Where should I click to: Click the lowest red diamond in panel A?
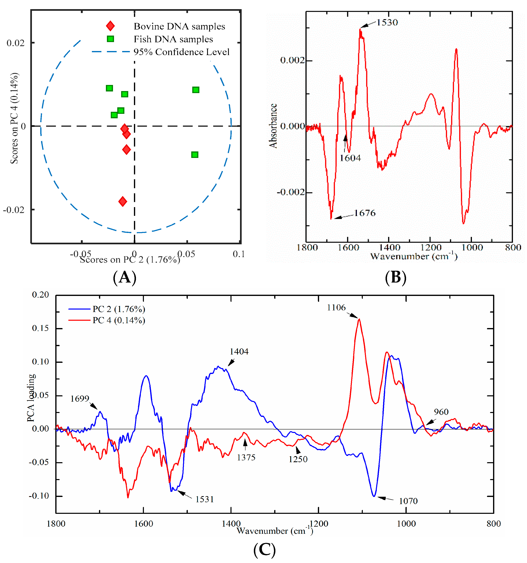click(123, 202)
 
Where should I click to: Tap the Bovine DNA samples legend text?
click(179, 26)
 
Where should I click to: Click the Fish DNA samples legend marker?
click(110, 39)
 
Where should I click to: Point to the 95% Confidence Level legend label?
click(181, 52)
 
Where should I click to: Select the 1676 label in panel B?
click(365, 213)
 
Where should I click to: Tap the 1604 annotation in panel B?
click(350, 158)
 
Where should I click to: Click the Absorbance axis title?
click(273, 126)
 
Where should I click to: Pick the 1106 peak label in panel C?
click(336, 308)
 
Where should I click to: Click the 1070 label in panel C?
click(408, 501)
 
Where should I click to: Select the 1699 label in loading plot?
click(80, 399)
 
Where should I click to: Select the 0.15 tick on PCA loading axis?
click(40, 328)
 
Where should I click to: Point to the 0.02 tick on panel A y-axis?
click(16, 43)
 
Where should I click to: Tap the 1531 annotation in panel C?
click(204, 499)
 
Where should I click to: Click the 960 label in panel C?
click(441, 412)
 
